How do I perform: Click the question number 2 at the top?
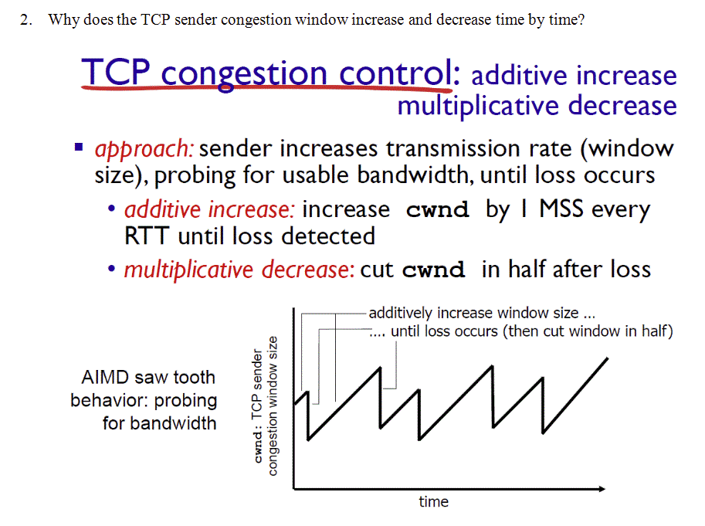click(x=25, y=20)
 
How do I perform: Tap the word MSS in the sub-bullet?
click(x=563, y=209)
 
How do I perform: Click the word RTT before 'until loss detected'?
click(x=147, y=236)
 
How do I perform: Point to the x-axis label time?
click(x=433, y=502)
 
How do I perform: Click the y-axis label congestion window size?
click(x=273, y=405)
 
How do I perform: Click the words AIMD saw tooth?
click(x=148, y=378)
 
